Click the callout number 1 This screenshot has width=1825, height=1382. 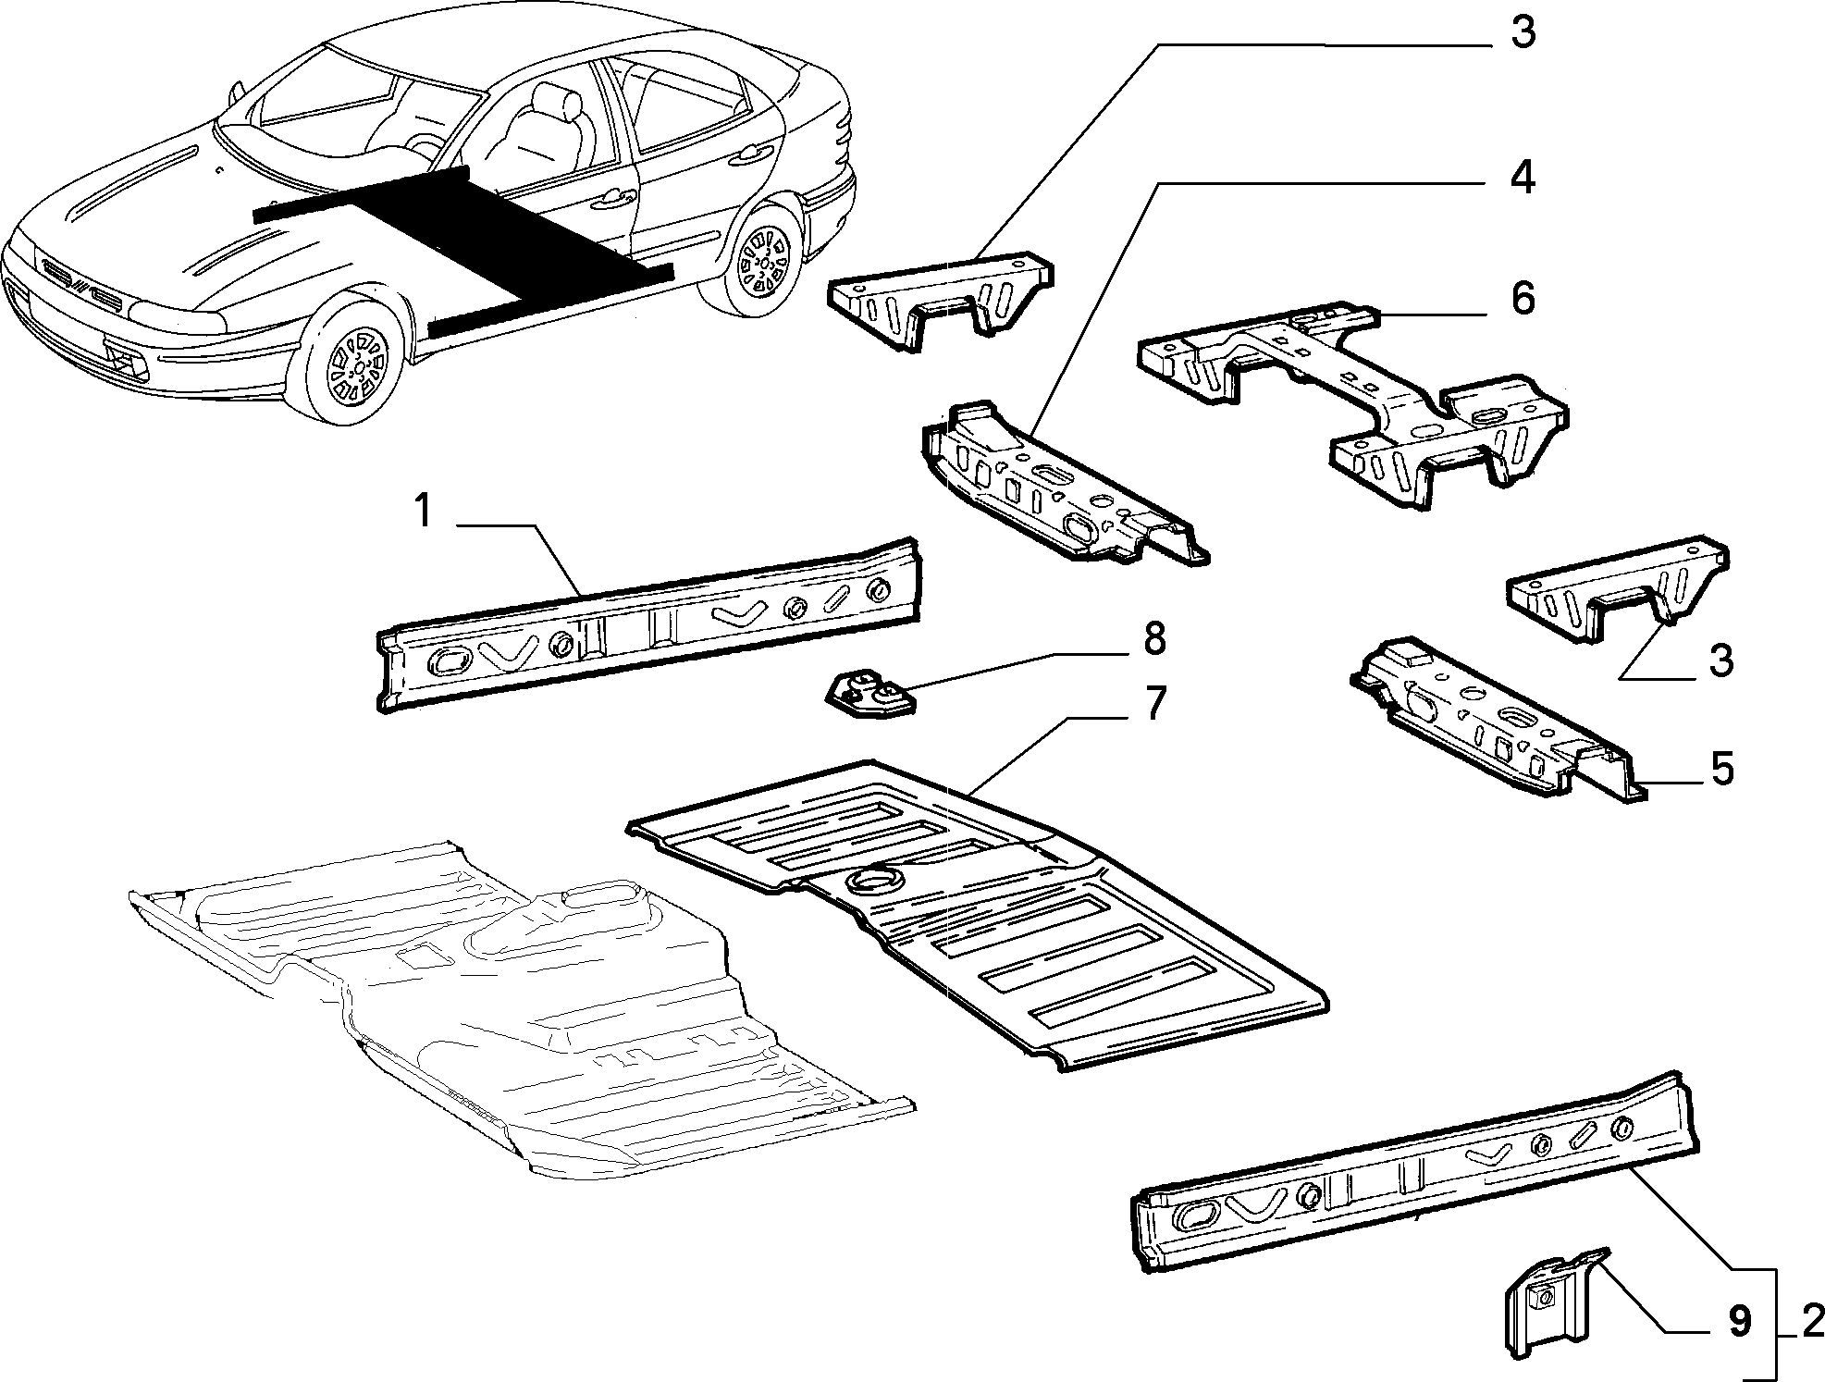[x=423, y=511]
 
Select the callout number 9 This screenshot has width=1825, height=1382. [x=1739, y=1322]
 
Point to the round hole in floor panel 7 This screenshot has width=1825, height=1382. [x=870, y=882]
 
